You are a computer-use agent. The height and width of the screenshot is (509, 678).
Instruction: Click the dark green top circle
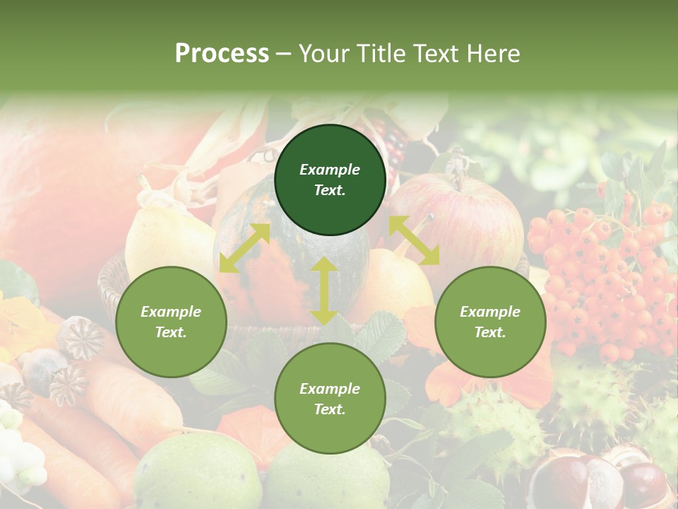(330, 180)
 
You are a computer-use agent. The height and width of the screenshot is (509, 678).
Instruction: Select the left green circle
(171, 322)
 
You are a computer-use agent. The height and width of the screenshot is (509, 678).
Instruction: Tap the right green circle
(490, 322)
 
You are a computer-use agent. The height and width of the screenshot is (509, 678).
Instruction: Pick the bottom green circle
(330, 399)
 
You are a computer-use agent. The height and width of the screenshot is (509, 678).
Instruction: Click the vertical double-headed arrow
(323, 291)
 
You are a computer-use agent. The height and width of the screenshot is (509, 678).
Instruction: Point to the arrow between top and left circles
(244, 248)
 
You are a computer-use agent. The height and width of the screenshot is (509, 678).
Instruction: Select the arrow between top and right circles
(414, 240)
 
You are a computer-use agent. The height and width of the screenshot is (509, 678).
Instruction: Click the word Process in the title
(222, 53)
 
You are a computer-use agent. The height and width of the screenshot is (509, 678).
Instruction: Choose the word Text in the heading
(431, 53)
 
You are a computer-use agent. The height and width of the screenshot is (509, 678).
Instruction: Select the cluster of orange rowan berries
(600, 276)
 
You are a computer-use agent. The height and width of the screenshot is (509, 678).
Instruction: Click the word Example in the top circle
(330, 170)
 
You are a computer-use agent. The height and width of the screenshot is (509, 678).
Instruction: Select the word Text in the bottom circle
(330, 409)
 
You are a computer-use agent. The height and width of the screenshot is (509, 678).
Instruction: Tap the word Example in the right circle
(490, 312)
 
